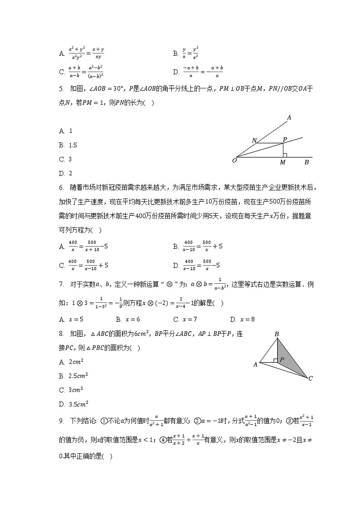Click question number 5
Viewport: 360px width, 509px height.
(61, 89)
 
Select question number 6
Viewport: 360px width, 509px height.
(61, 187)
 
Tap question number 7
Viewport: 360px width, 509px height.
(61, 285)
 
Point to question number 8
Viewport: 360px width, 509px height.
(61, 335)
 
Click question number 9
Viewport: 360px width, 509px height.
(61, 421)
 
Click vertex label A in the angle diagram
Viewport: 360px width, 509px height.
(289, 118)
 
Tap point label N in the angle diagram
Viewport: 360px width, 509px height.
(254, 141)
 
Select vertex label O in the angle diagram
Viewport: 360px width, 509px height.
(234, 160)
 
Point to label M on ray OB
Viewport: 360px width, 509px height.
(282, 163)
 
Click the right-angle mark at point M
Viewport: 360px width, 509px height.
(285, 155)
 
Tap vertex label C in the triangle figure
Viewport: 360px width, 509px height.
(311, 378)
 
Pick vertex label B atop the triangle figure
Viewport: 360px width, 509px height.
(277, 334)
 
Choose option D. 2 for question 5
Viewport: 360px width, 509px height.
(66, 173)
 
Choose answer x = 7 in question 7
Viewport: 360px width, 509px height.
(185, 319)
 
